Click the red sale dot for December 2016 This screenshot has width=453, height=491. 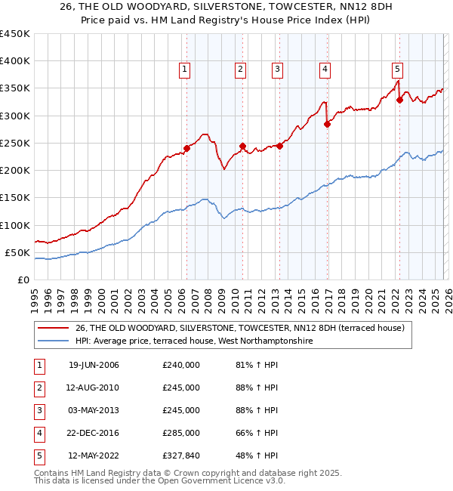point(327,124)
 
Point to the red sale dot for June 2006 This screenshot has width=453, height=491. point(186,148)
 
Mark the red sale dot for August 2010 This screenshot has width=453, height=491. point(242,146)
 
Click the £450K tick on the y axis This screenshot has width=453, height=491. point(14,34)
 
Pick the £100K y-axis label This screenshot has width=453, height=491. point(14,225)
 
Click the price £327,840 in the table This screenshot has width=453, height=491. point(180,455)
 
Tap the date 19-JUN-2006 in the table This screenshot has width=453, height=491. point(94,365)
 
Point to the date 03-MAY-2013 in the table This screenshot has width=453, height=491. point(94,410)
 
